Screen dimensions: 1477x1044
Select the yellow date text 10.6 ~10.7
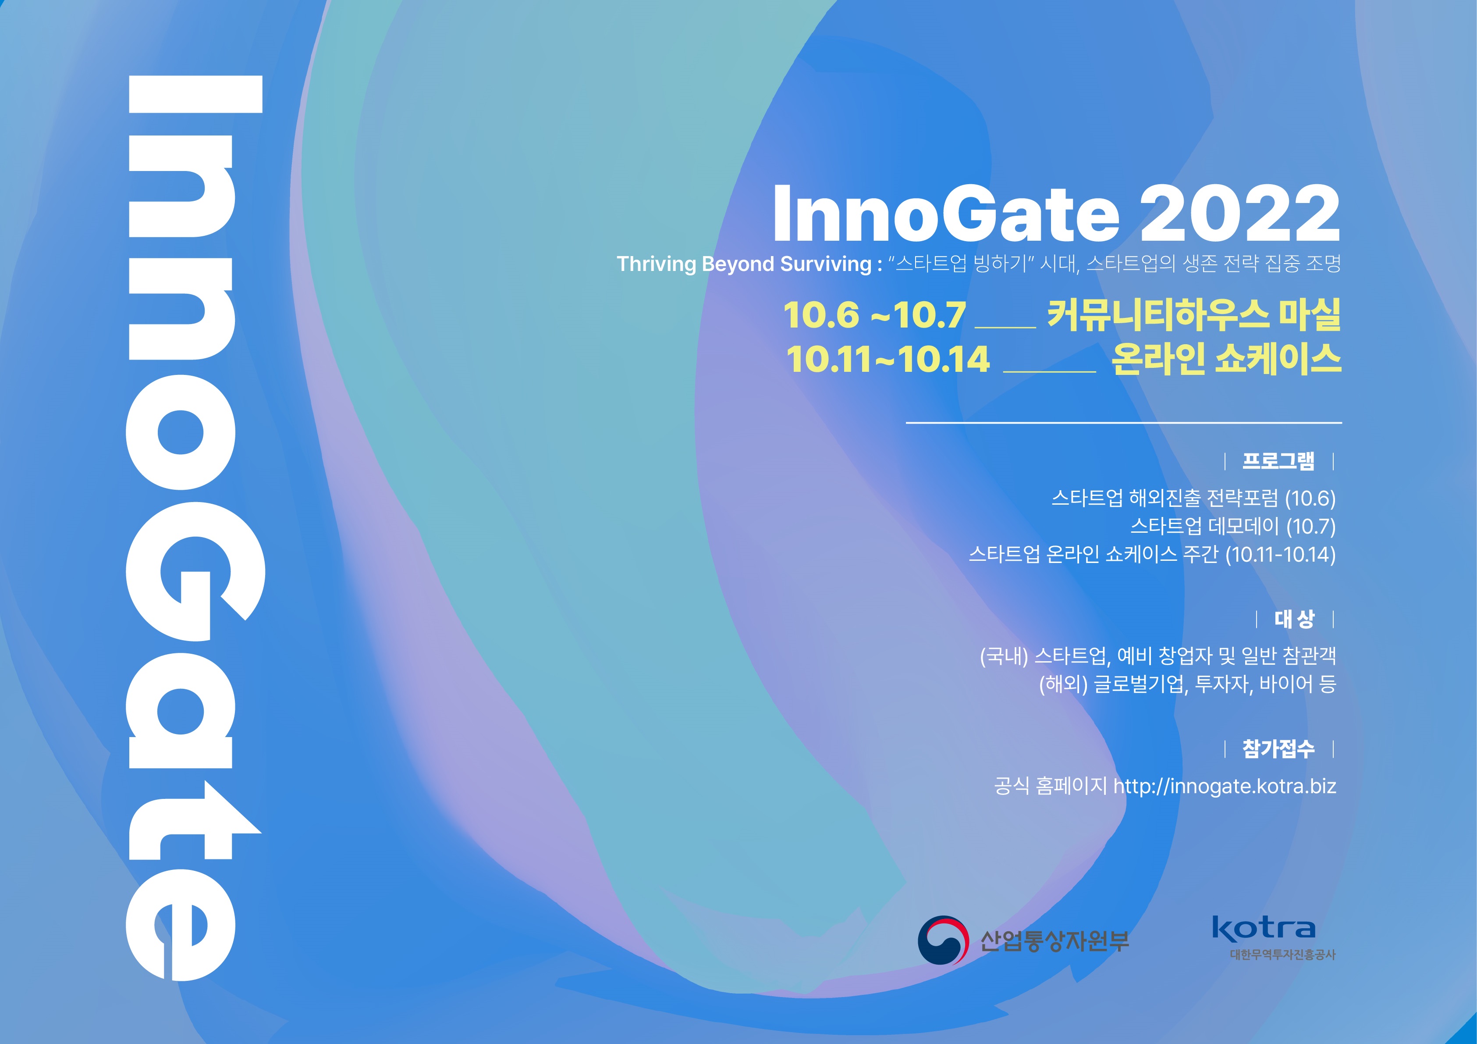click(x=874, y=315)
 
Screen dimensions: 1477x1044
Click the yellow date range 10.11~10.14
click(x=888, y=359)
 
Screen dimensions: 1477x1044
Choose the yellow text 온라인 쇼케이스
click(x=1226, y=359)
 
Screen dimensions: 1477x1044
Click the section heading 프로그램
click(x=1278, y=461)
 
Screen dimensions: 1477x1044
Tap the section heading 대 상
click(x=1294, y=619)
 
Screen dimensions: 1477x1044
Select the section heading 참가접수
click(x=1278, y=748)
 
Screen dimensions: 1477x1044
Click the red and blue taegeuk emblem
click(x=943, y=941)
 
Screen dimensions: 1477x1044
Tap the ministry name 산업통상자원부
click(x=1055, y=941)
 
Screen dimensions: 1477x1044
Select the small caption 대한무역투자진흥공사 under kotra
click(x=1283, y=955)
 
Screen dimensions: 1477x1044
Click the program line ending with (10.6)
click(x=1193, y=498)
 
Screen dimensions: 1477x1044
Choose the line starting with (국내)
click(x=1158, y=656)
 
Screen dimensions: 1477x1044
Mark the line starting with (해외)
click(x=1188, y=684)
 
